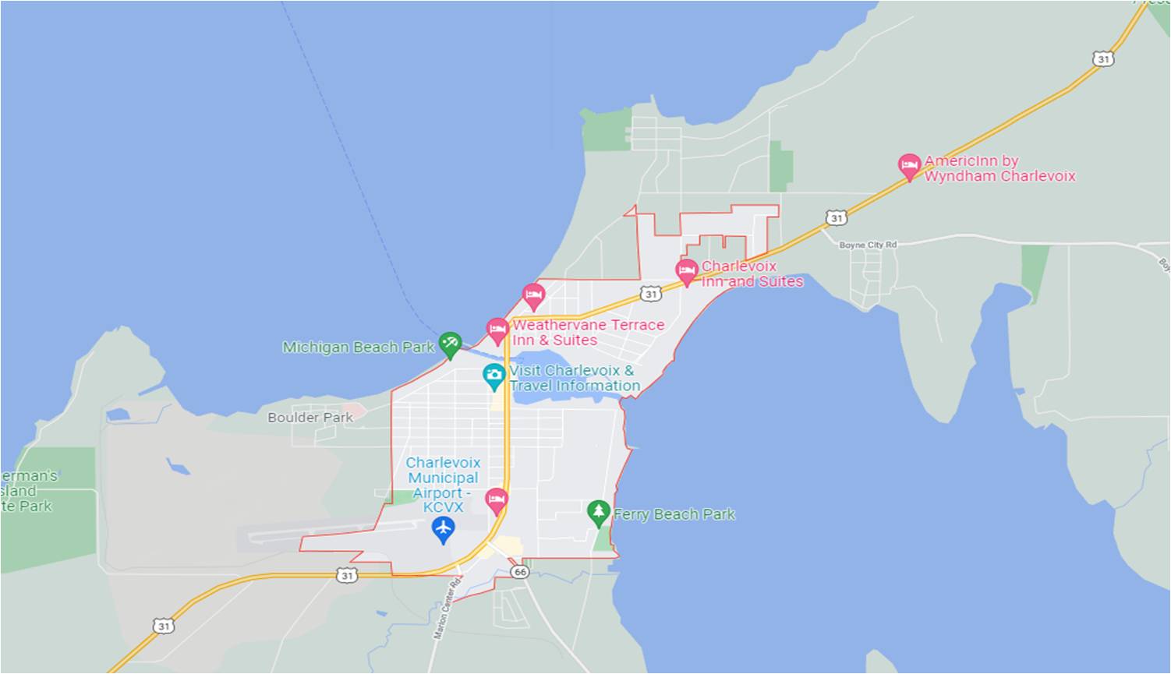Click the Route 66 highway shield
(x=520, y=572)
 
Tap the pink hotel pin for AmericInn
(x=909, y=167)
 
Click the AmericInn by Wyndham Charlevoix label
(x=999, y=169)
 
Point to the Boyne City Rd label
(x=868, y=245)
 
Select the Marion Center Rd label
(x=448, y=608)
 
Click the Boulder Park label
(x=310, y=418)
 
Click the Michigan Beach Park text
(x=358, y=348)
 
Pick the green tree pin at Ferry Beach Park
(x=598, y=513)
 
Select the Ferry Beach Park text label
(x=674, y=514)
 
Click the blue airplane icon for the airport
(x=443, y=530)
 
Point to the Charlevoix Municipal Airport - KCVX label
(x=443, y=485)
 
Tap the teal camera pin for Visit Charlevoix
(x=494, y=376)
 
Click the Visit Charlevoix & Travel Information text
(x=575, y=378)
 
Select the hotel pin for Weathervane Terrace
(x=497, y=330)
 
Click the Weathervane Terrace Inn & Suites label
(x=588, y=333)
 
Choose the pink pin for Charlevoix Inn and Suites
(x=686, y=272)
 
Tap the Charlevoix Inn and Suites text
(x=752, y=273)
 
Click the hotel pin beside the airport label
(x=497, y=500)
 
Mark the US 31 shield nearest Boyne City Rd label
(x=837, y=218)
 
